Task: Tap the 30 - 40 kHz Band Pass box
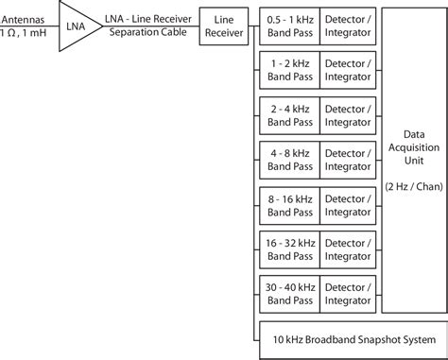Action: pyautogui.click(x=290, y=294)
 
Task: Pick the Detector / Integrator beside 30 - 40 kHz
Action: pyautogui.click(x=350, y=294)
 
